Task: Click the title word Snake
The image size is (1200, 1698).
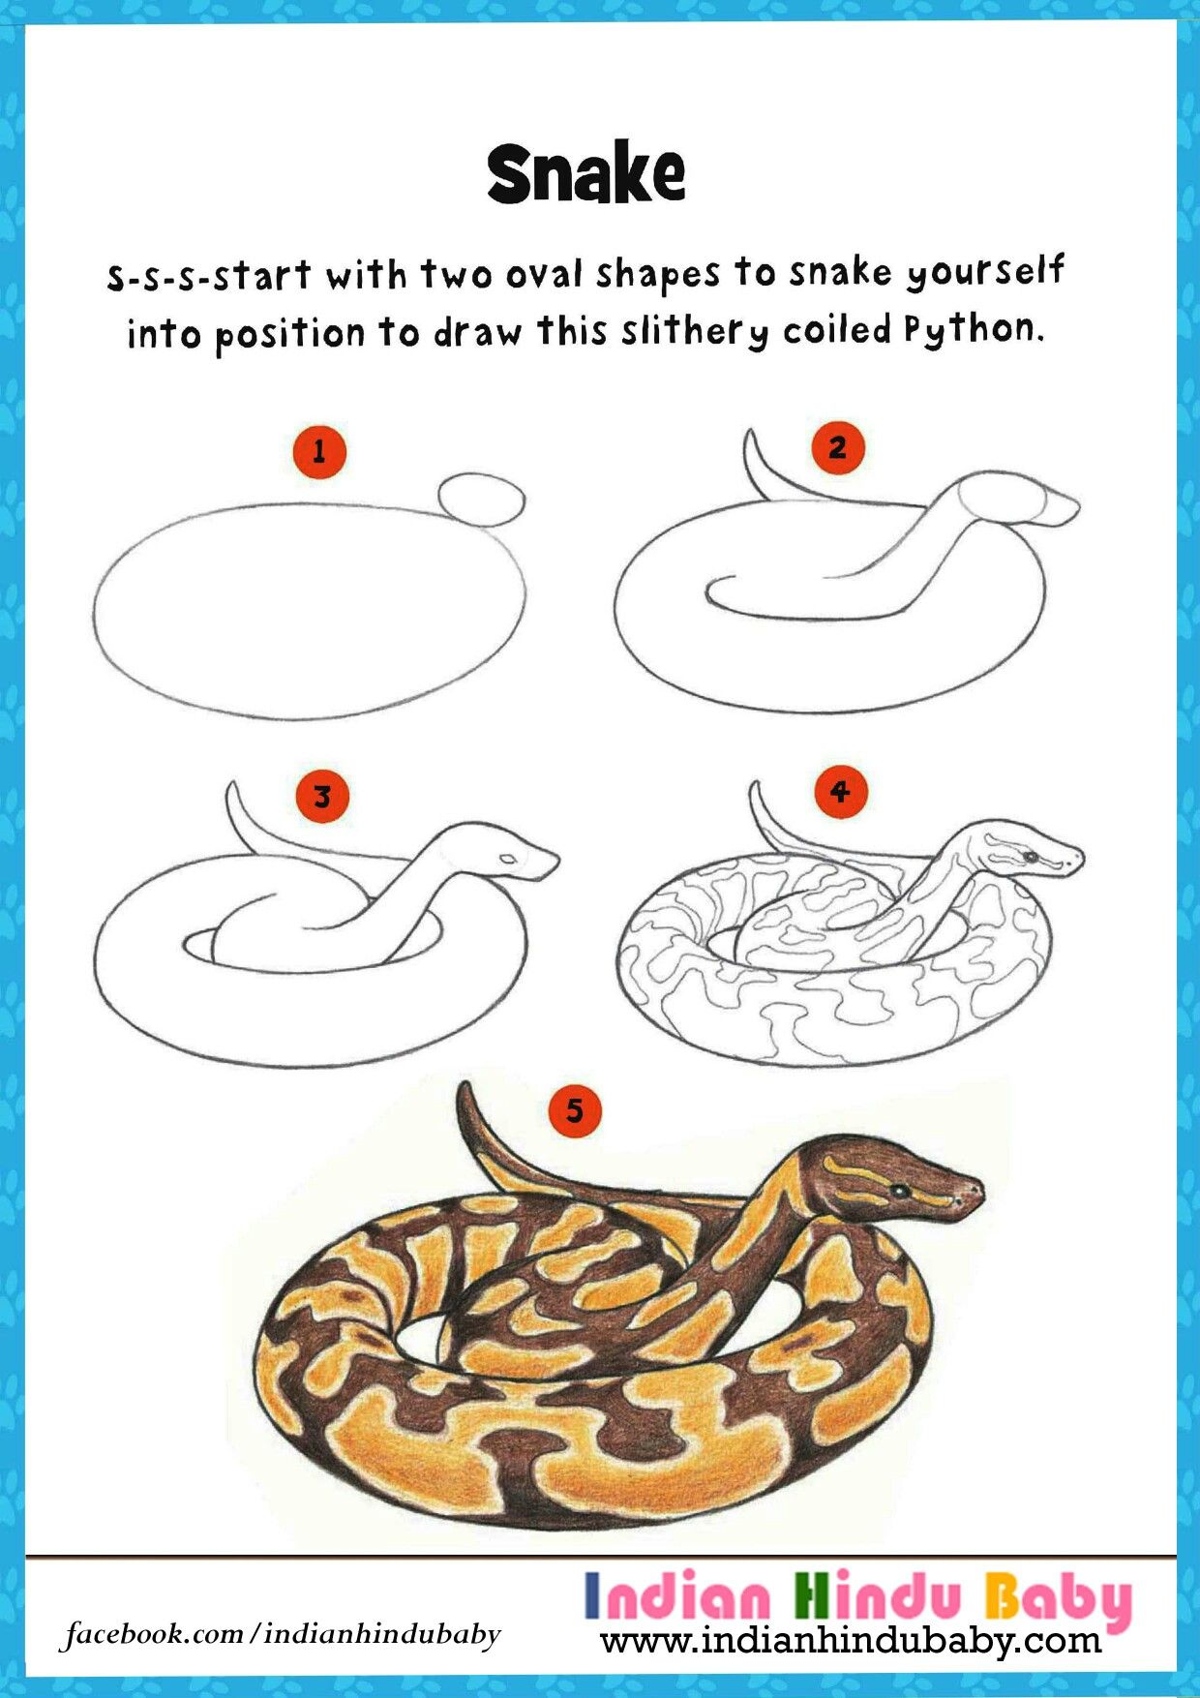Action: (586, 174)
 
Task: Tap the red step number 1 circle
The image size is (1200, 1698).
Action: (318, 451)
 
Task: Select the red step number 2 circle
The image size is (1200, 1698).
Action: (837, 447)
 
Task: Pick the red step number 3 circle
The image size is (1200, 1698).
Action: (322, 797)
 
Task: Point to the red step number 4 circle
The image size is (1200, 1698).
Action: (840, 792)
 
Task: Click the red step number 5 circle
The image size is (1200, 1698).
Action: (575, 1110)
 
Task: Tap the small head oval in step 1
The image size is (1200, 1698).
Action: (482, 500)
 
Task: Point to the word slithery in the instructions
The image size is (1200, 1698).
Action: (695, 333)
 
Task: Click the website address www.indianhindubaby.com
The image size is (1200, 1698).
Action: (851, 1640)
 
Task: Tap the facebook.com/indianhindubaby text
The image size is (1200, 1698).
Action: (282, 1634)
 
